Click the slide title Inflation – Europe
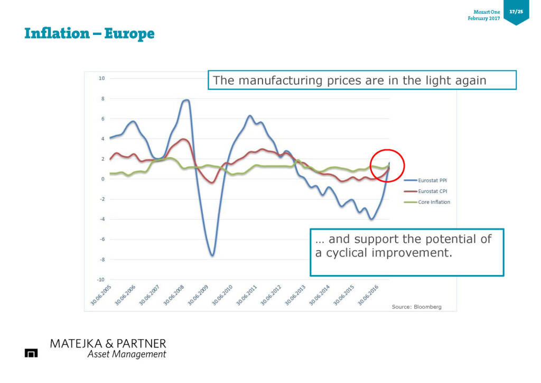pyautogui.click(x=89, y=34)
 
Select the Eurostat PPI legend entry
pyautogui.click(x=433, y=180)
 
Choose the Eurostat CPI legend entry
pyautogui.click(x=433, y=191)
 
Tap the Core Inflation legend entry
pyautogui.click(x=434, y=202)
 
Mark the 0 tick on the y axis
pyautogui.click(x=103, y=179)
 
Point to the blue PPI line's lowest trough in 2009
pyautogui.click(x=212, y=256)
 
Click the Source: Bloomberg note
pyautogui.click(x=416, y=307)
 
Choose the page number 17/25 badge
pyautogui.click(x=516, y=11)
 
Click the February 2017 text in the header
pyautogui.click(x=483, y=19)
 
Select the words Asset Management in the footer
pyautogui.click(x=126, y=354)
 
